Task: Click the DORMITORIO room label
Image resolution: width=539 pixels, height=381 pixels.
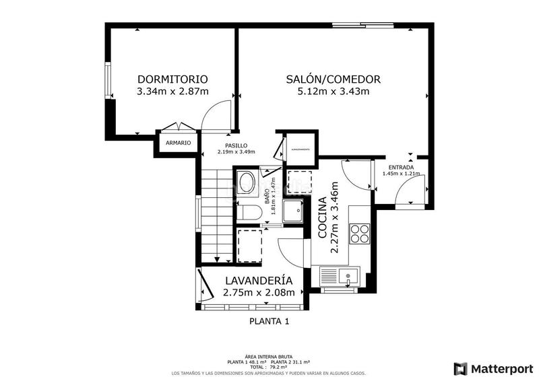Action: (172, 79)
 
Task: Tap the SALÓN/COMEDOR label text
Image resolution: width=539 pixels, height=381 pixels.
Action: (334, 79)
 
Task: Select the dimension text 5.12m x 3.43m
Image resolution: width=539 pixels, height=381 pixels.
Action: (334, 92)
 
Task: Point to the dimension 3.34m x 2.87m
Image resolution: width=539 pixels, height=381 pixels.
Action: (172, 92)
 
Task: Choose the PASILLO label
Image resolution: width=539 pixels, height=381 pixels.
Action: (236, 145)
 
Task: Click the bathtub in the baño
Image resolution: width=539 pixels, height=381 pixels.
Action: (246, 183)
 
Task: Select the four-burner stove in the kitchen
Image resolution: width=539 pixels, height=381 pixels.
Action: (360, 232)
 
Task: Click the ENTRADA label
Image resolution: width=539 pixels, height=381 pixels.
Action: (400, 167)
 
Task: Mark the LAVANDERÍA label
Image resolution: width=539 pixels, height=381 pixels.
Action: (259, 280)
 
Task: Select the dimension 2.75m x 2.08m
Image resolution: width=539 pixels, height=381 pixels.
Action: (259, 292)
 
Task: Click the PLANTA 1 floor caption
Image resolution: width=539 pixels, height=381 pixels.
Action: (269, 321)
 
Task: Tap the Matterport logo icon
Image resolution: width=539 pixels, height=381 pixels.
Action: (461, 368)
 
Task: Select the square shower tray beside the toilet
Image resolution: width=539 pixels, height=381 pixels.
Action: (294, 212)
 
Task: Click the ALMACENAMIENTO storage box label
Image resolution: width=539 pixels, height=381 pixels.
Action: (300, 149)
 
